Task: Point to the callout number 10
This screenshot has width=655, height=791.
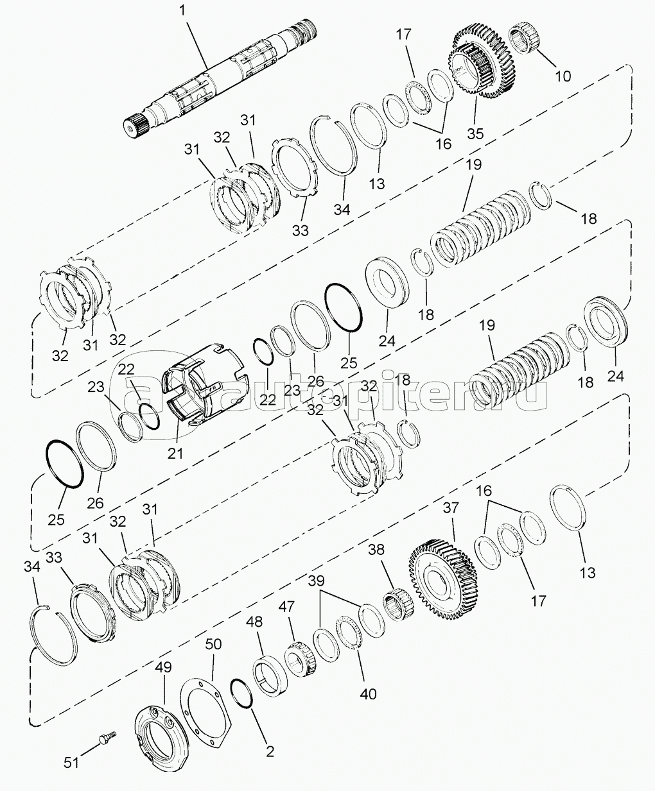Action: (x=562, y=76)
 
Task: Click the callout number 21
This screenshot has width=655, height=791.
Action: (x=175, y=453)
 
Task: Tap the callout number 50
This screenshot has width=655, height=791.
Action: (x=213, y=643)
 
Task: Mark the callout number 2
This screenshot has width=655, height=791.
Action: (x=270, y=751)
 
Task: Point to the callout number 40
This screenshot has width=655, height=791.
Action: (x=368, y=693)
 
